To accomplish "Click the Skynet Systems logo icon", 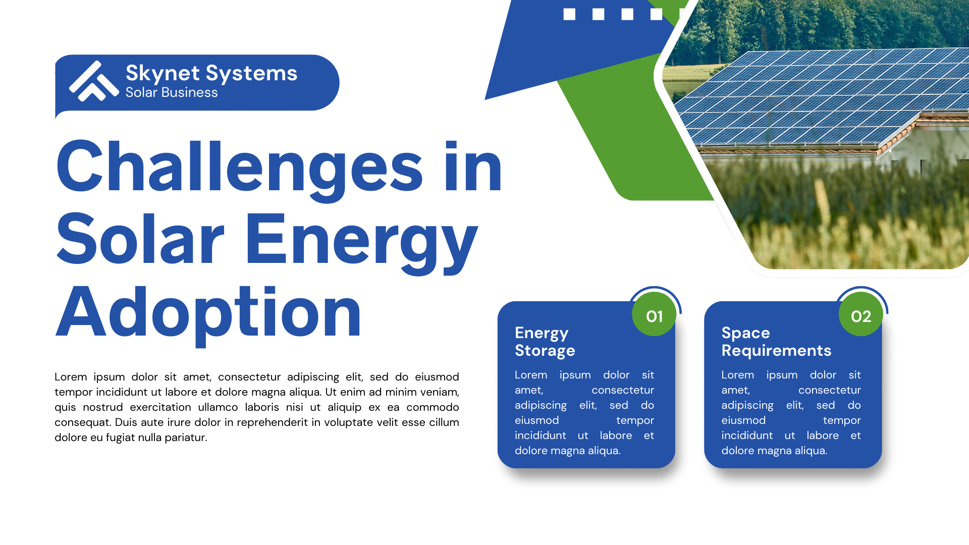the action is (x=94, y=81).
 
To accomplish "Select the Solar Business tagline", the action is (x=172, y=92).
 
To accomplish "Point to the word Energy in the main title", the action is (x=361, y=240).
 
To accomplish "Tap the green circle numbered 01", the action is (x=654, y=314).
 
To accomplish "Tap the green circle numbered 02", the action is (x=860, y=314).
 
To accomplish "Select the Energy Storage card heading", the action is (x=545, y=342).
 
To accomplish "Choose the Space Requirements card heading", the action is (x=776, y=342).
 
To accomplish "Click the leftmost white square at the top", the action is (x=569, y=14).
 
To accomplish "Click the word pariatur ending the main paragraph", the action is (x=186, y=438).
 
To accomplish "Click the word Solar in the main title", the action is (x=140, y=240).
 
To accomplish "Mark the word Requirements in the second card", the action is (x=776, y=351).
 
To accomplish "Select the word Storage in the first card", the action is (x=545, y=351).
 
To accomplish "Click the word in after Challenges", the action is (x=473, y=167).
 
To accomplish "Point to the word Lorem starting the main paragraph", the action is (x=71, y=377).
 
